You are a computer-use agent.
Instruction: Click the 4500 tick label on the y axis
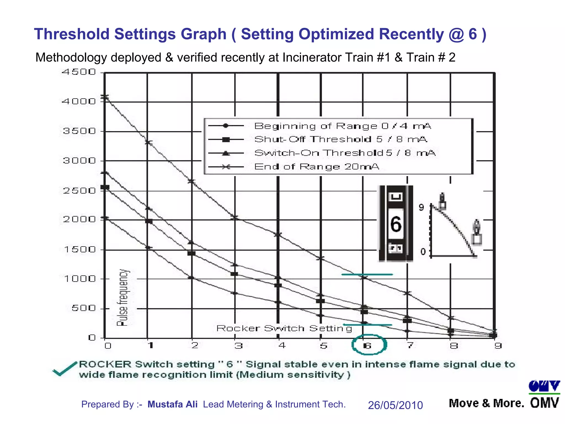point(79,72)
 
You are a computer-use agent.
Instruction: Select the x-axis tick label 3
point(238,346)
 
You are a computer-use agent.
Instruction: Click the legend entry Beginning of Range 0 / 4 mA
point(342,126)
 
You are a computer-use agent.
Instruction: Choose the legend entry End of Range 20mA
point(316,166)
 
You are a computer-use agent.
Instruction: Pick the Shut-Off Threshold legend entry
point(340,139)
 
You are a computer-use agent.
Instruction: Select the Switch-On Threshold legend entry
point(345,153)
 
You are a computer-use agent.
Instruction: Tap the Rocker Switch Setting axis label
point(284,328)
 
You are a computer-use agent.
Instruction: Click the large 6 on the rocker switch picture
point(396,224)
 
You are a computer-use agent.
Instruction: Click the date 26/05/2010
point(395,405)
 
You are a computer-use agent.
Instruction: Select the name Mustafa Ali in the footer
point(172,404)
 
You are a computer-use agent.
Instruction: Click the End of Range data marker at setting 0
point(105,97)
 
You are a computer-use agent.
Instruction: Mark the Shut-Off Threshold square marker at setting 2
point(191,253)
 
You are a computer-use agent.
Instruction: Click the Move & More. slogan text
point(486,404)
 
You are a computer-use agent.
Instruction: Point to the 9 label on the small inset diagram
point(421,207)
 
